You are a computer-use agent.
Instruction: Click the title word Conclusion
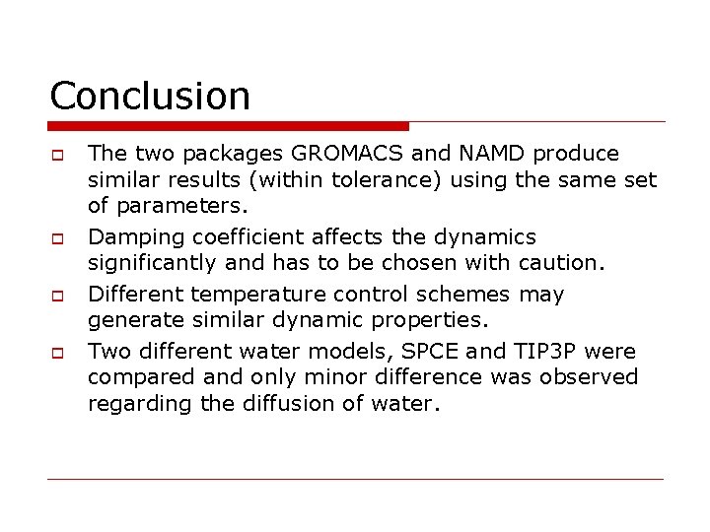pos(150,96)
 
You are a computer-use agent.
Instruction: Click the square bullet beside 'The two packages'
pos(56,156)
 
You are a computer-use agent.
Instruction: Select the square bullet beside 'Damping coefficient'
pos(56,239)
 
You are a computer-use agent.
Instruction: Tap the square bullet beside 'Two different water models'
pos(56,352)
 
